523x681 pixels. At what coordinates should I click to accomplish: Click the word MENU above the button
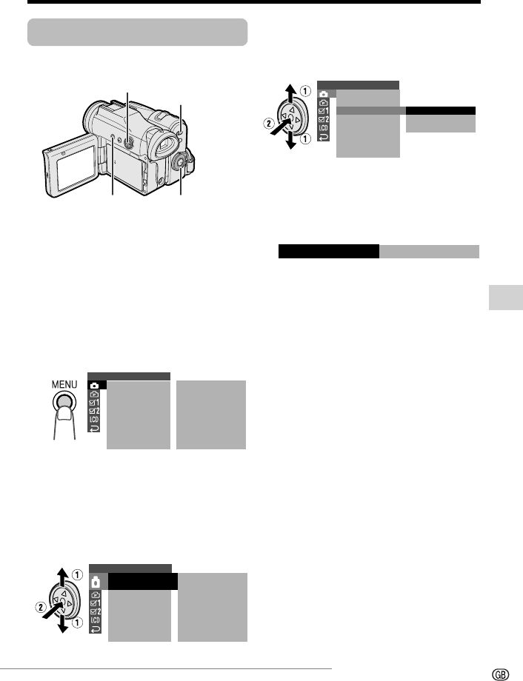[x=64, y=384]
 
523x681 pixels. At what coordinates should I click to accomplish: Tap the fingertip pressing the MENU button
[x=64, y=415]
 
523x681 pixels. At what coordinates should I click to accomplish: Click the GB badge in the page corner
[x=500, y=674]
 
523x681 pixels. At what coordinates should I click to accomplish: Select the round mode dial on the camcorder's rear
[x=179, y=162]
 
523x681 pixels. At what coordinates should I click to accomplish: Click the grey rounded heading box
[x=137, y=32]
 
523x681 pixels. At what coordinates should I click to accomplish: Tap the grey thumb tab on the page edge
[x=506, y=298]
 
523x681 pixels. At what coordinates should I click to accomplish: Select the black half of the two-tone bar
[x=329, y=252]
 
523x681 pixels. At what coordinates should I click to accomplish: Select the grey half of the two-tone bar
[x=429, y=252]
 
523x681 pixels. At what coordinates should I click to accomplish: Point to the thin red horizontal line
[x=166, y=669]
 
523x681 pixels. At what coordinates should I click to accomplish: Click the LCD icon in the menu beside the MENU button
[x=94, y=420]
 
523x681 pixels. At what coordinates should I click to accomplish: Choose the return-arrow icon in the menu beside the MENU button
[x=94, y=429]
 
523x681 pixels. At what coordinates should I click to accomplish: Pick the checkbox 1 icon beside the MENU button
[x=94, y=403]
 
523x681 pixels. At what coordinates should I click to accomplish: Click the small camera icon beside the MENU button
[x=95, y=385]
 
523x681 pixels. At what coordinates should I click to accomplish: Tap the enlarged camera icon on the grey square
[x=96, y=582]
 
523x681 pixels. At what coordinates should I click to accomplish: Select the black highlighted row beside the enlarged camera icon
[x=142, y=582]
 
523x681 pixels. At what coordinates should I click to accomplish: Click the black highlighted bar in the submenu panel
[x=440, y=111]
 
